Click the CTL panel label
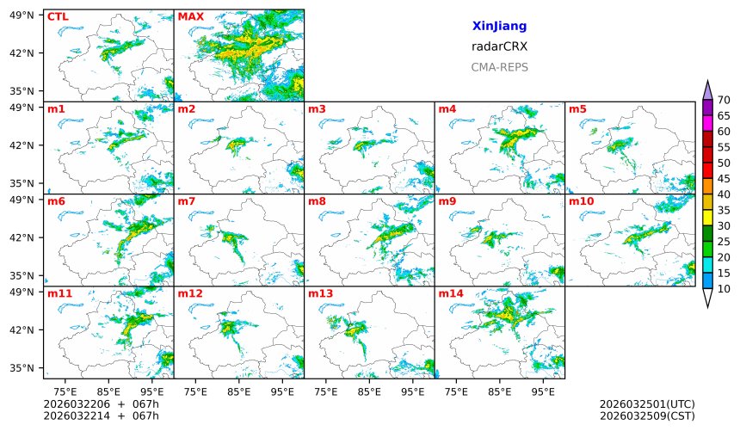pos(57,16)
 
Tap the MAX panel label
pos(190,16)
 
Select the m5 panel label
pos(577,109)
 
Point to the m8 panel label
pos(317,201)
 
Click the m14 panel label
pos(451,294)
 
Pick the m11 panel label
pos(59,294)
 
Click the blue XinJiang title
pos(499,27)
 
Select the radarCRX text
pos(499,46)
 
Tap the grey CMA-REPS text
pos(499,67)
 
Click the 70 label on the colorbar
pos(724,101)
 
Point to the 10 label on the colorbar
pos(724,289)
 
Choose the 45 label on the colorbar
pos(724,179)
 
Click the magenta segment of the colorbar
pos(707,123)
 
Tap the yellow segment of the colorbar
pos(707,218)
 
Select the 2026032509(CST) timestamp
pos(646,416)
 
